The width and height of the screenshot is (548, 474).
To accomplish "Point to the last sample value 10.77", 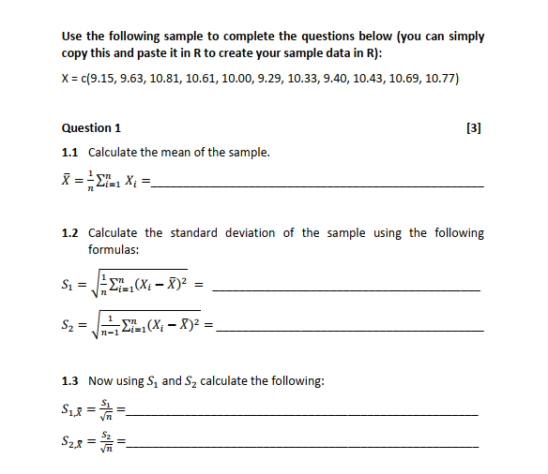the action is pyautogui.click(x=438, y=79).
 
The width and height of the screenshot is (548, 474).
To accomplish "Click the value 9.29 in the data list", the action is pyautogui.click(x=266, y=79).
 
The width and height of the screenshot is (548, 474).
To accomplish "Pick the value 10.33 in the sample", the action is pyautogui.click(x=301, y=79).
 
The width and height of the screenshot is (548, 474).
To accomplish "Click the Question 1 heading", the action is pyautogui.click(x=91, y=127).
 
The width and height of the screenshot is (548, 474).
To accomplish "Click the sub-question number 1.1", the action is pyautogui.click(x=69, y=153).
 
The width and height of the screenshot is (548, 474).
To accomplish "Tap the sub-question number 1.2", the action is pyautogui.click(x=69, y=233).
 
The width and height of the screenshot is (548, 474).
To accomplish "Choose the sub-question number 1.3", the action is pyautogui.click(x=69, y=381).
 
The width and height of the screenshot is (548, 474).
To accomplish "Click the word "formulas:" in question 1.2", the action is pyautogui.click(x=114, y=250).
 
